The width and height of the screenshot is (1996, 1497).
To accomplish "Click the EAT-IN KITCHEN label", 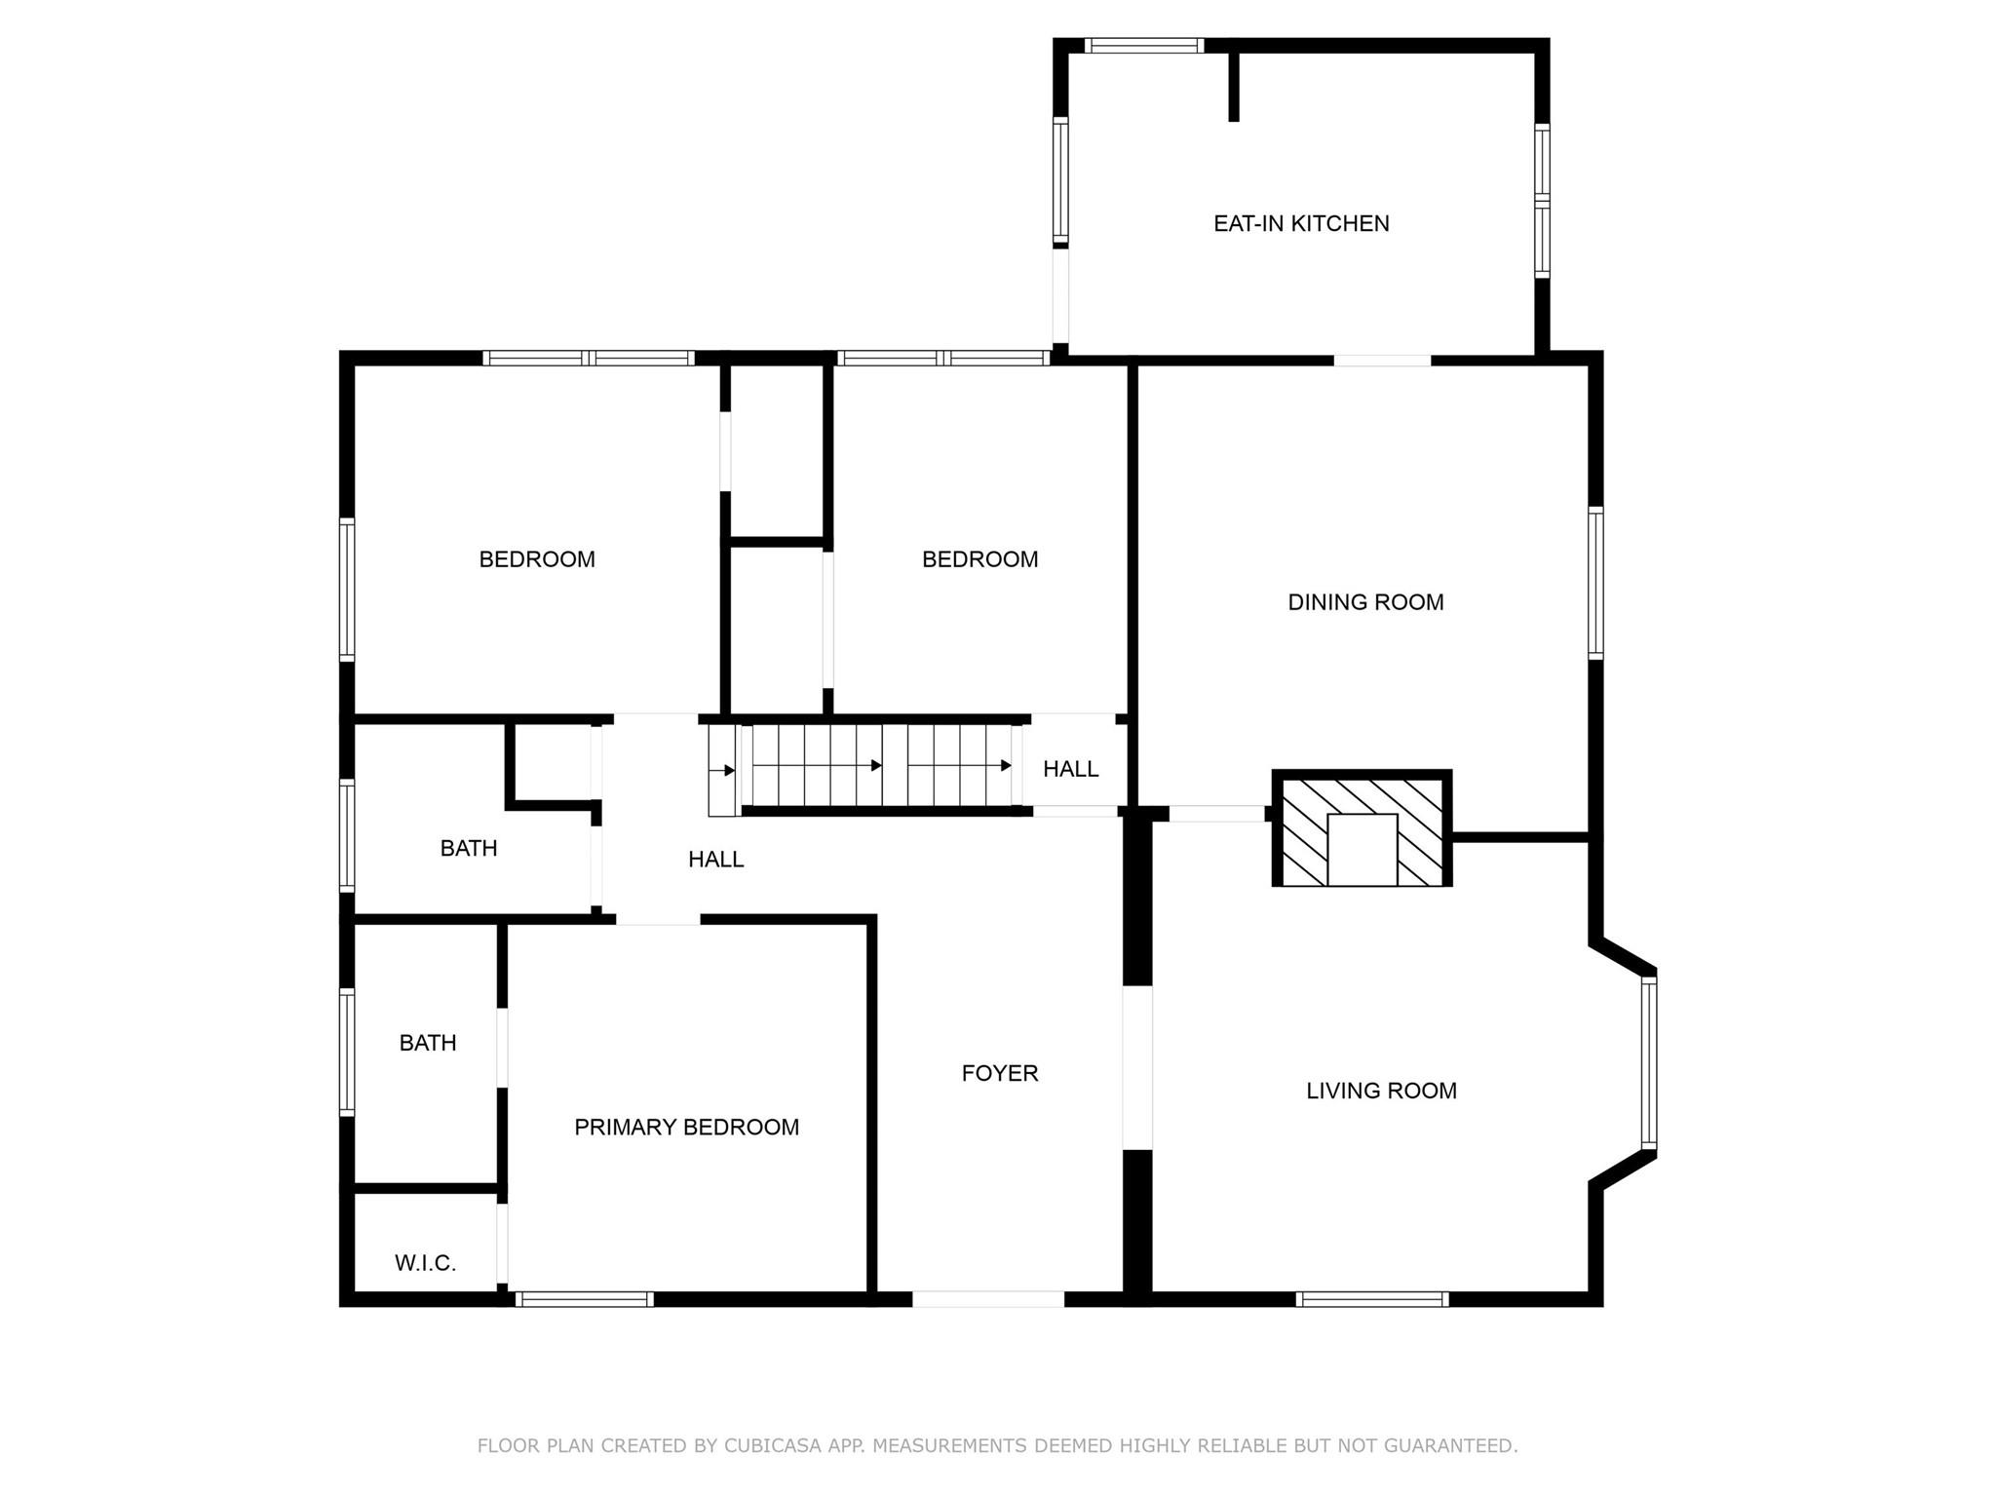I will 1301,223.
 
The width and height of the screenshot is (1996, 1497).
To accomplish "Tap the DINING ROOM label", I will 1365,602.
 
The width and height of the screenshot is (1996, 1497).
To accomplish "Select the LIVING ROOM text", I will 1381,1091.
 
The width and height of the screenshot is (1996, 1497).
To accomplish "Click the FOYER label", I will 1000,1073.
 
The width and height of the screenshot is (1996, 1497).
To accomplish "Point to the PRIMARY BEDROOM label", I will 686,1127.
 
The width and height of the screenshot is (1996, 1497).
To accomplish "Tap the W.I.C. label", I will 425,1263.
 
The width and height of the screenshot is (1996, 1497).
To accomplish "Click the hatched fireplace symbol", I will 1362,829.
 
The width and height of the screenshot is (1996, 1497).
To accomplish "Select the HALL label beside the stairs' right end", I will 1070,769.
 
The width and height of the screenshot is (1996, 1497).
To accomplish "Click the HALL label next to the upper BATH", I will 715,859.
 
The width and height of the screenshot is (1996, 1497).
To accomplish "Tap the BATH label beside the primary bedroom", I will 428,1043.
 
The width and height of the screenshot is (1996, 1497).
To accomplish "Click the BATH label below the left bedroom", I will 469,848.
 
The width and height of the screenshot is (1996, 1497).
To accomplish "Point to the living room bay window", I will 1648,1062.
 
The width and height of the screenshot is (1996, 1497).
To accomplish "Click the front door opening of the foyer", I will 987,1298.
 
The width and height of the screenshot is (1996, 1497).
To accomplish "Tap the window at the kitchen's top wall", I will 1143,46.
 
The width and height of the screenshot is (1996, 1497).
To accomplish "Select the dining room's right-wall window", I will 1595,583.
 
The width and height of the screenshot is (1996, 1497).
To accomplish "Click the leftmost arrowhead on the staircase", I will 729,771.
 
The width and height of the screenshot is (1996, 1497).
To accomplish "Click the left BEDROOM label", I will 537,559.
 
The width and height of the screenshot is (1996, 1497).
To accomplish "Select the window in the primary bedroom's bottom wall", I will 584,1298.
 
